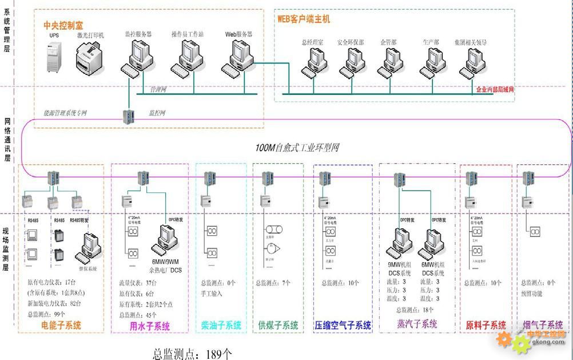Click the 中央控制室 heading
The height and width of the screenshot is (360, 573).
(x=63, y=25)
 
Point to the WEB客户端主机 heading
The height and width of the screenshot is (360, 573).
(x=304, y=19)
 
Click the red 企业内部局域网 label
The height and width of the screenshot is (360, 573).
(x=495, y=90)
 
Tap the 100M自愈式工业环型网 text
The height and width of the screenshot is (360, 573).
(x=297, y=148)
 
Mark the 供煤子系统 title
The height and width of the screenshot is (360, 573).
(x=278, y=325)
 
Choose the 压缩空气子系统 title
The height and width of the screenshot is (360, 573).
(x=343, y=325)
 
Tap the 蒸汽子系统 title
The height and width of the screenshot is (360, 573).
(x=417, y=324)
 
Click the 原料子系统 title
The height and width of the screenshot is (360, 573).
(x=486, y=325)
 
